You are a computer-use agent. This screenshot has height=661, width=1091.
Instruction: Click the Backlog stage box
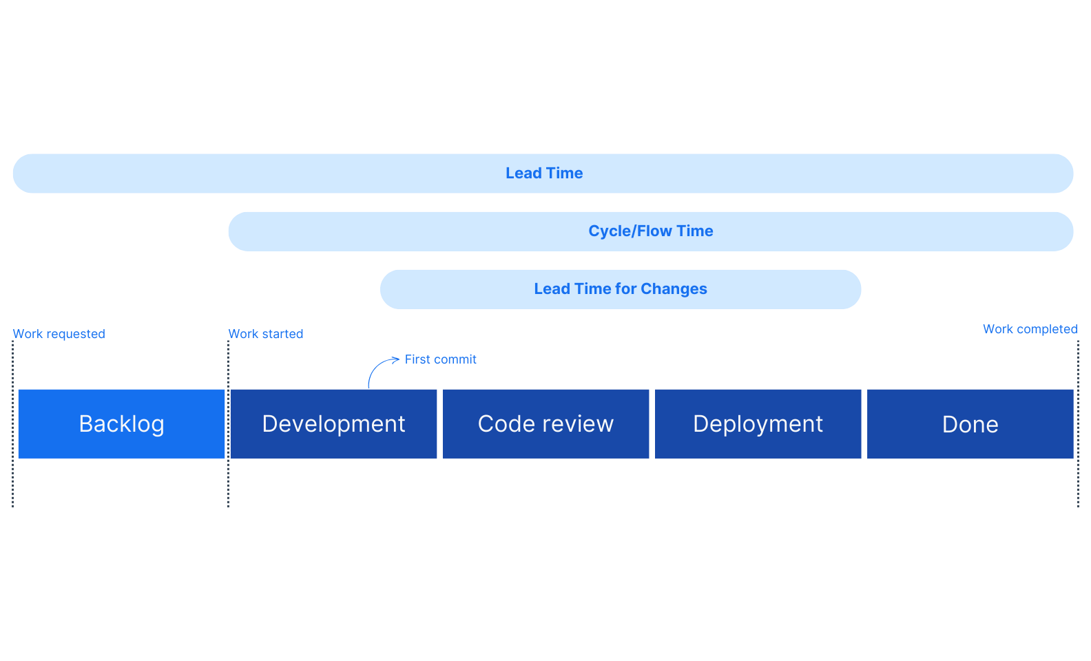click(121, 424)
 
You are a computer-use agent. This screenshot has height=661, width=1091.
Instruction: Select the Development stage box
click(333, 424)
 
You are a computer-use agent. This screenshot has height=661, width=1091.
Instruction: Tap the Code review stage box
click(545, 424)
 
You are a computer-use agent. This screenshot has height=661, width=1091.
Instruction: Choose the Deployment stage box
click(758, 424)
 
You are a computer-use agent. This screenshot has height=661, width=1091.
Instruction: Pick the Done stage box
click(970, 424)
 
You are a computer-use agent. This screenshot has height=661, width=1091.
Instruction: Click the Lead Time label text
click(544, 174)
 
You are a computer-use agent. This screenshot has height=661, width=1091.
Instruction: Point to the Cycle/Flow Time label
click(650, 231)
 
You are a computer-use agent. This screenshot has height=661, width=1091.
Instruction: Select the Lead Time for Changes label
click(620, 289)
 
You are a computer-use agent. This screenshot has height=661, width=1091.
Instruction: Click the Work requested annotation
click(59, 335)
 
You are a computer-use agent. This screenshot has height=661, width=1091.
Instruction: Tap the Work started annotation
click(266, 335)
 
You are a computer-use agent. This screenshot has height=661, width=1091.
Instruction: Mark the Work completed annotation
click(1030, 329)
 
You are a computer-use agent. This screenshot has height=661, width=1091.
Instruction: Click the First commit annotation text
click(441, 359)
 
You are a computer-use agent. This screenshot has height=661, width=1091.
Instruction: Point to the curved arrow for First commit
click(375, 368)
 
